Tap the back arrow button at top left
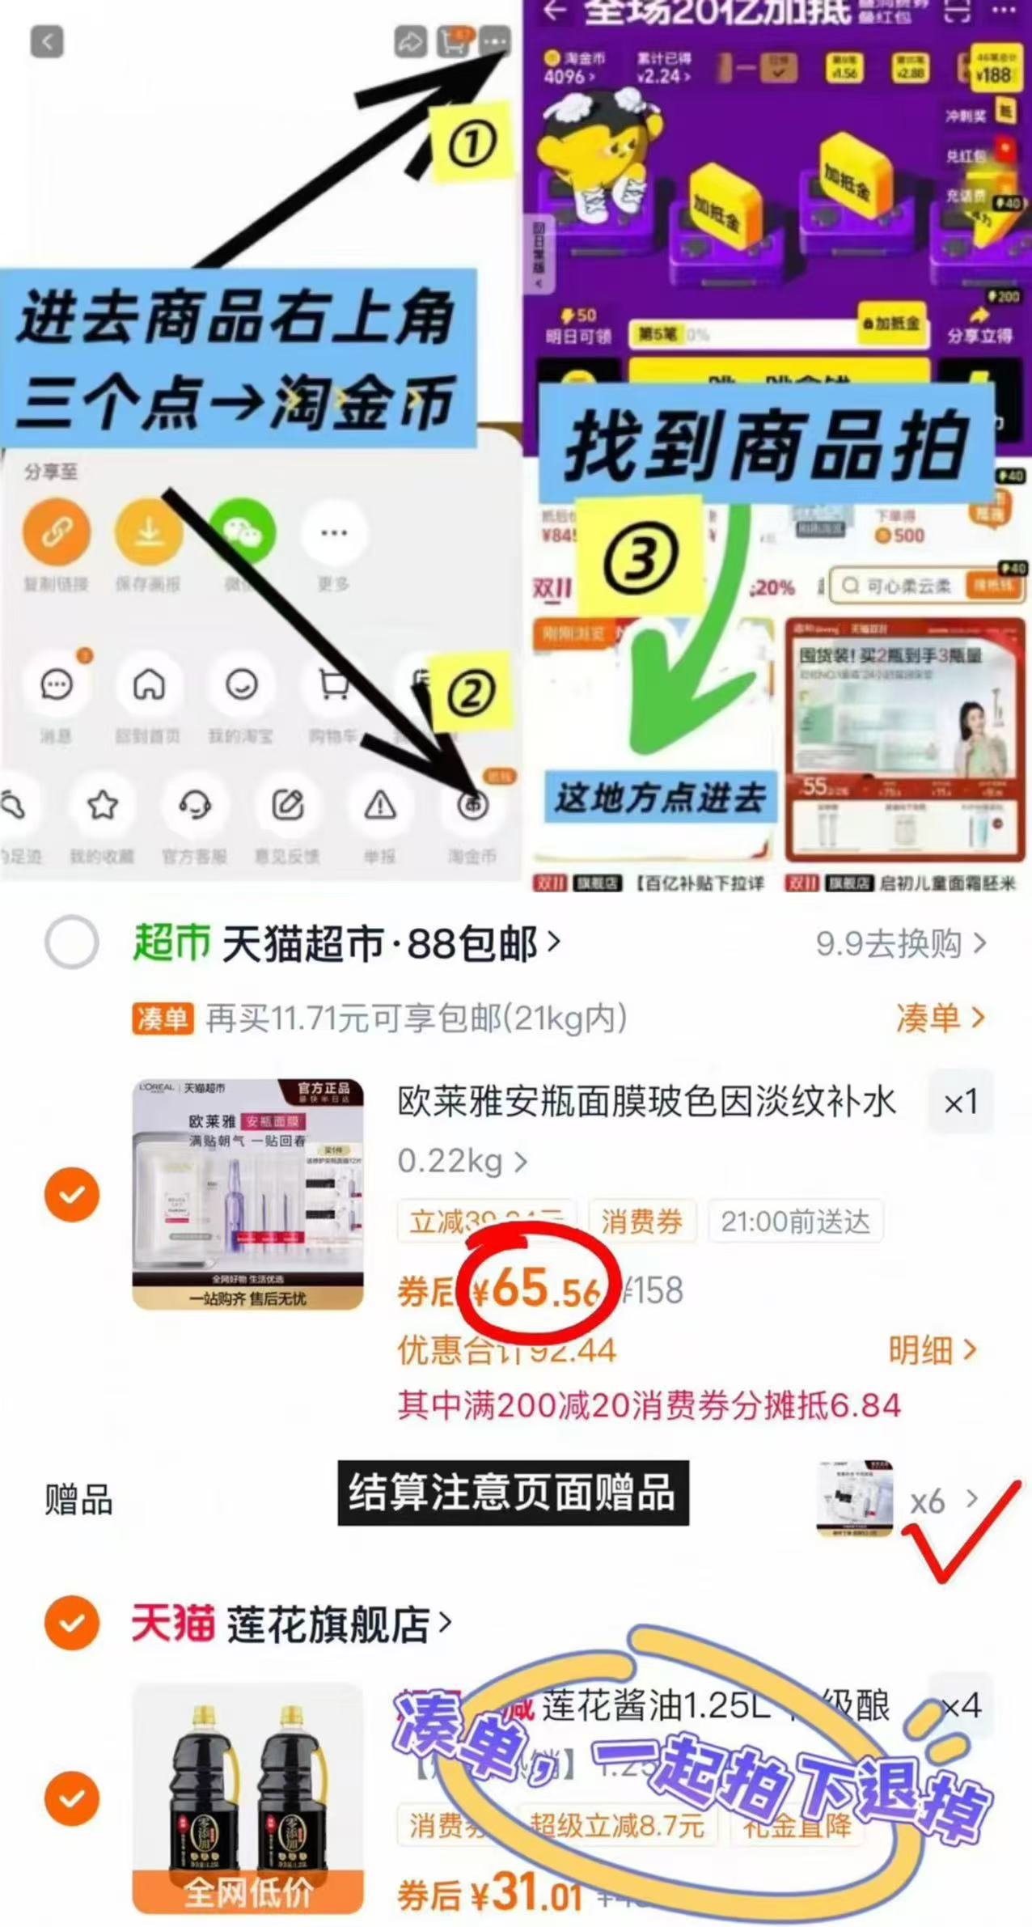pyautogui.click(x=47, y=41)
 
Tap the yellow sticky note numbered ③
pyautogui.click(x=639, y=557)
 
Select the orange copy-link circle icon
pyautogui.click(x=56, y=532)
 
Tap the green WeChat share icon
pyautogui.click(x=242, y=532)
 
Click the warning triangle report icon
pyautogui.click(x=379, y=806)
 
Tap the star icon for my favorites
pyautogui.click(x=103, y=806)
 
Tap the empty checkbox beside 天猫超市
pyautogui.click(x=72, y=942)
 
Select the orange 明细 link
pyautogui.click(x=932, y=1349)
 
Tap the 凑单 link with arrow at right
pyautogui.click(x=940, y=1018)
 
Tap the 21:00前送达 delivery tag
pyautogui.click(x=795, y=1221)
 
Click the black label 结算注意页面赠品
pyautogui.click(x=513, y=1493)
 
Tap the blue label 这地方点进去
pyautogui.click(x=659, y=798)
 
